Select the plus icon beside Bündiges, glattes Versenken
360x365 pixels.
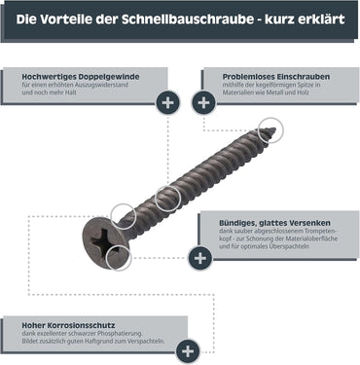pos(199,258)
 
